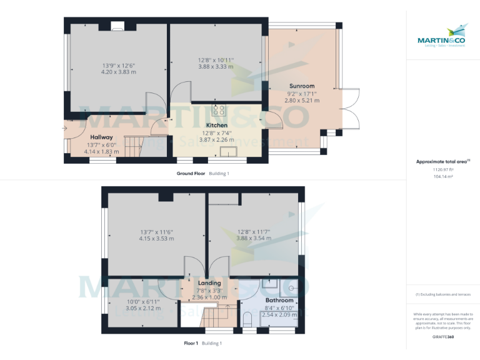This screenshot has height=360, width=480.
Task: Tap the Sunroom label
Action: coord(302,86)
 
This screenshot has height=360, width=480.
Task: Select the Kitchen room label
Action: coord(217,125)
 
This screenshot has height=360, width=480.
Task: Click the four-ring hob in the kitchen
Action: coord(219,110)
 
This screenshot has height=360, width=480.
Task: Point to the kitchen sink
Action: coord(225,151)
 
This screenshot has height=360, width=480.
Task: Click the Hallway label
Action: coord(101,137)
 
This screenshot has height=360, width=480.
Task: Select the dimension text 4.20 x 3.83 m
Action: coord(119,72)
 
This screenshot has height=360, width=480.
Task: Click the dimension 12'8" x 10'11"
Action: coord(216,59)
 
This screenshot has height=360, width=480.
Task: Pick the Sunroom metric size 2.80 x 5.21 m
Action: coord(302,100)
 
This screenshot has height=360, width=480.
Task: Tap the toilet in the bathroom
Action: coord(247,321)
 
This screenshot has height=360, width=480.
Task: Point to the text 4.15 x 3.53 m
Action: coord(156,238)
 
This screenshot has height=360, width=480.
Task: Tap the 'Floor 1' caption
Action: coord(191,343)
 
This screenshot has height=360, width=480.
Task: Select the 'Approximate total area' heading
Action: coord(441,162)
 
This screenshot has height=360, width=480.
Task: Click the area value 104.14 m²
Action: coord(442,177)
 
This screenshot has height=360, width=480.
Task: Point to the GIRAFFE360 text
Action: coord(442,337)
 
